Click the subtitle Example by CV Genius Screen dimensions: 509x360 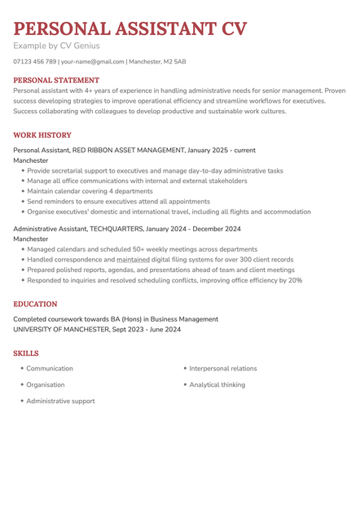(x=56, y=46)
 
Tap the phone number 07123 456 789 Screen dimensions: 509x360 (x=35, y=62)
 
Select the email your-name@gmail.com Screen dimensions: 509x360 (x=93, y=62)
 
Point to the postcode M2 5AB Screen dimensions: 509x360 (x=174, y=62)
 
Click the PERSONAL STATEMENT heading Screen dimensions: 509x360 (x=56, y=81)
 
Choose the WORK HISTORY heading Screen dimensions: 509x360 (x=42, y=135)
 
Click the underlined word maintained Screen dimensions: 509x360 (x=134, y=260)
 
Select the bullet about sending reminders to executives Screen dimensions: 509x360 (x=118, y=201)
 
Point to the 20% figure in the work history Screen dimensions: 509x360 (x=294, y=280)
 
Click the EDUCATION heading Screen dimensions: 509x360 (x=36, y=304)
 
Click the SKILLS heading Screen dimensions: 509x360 (x=26, y=353)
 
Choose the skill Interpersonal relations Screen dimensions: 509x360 (x=222, y=369)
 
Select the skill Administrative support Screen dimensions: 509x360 (x=60, y=401)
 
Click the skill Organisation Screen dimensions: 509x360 (x=46, y=384)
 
